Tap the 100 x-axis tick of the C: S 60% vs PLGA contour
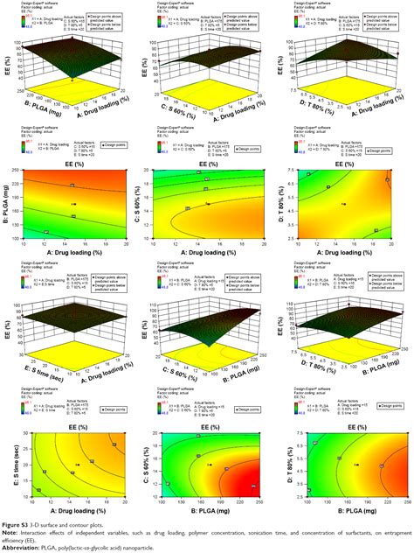(x=159, y=507)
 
